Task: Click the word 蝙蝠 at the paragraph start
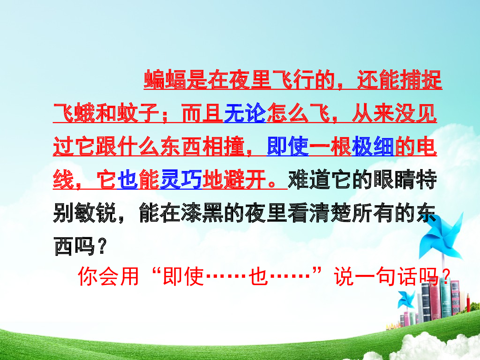pyautogui.click(x=165, y=80)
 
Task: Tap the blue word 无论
pyautogui.click(x=245, y=113)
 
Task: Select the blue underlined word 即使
pyautogui.click(x=288, y=147)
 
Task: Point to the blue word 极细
pyautogui.click(x=373, y=147)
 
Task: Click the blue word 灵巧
pyautogui.click(x=181, y=180)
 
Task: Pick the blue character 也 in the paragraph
pyautogui.click(x=128, y=180)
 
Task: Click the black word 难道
pyautogui.click(x=309, y=180)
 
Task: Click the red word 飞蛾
pyautogui.click(x=74, y=113)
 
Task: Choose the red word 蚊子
pyautogui.click(x=138, y=113)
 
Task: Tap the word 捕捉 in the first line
pyautogui.click(x=421, y=80)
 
